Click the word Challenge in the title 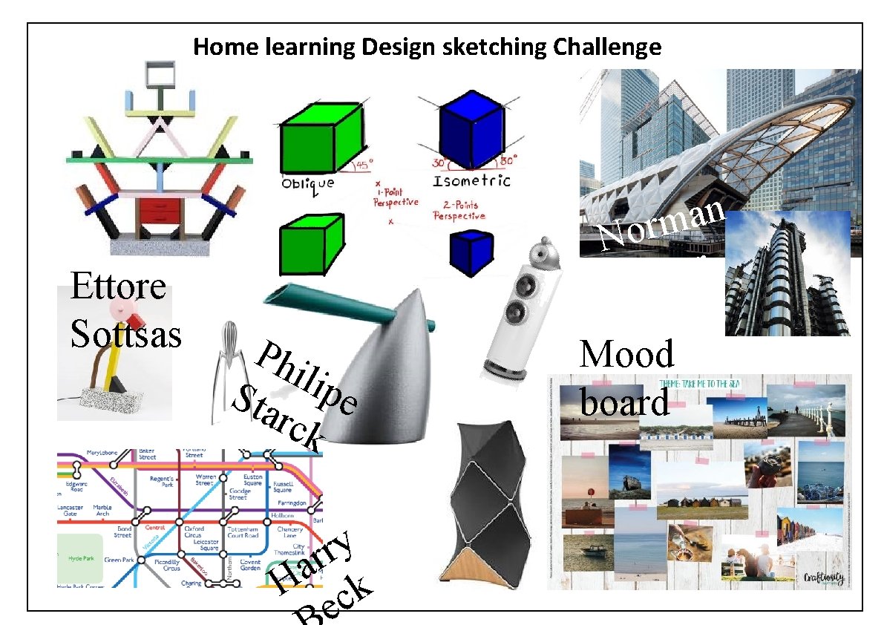(x=607, y=48)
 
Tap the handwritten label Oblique (x=307, y=183)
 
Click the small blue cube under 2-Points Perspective (x=472, y=252)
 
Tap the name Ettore (x=117, y=286)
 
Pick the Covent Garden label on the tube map (x=251, y=565)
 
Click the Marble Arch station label (x=102, y=511)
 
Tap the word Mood (x=626, y=354)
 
